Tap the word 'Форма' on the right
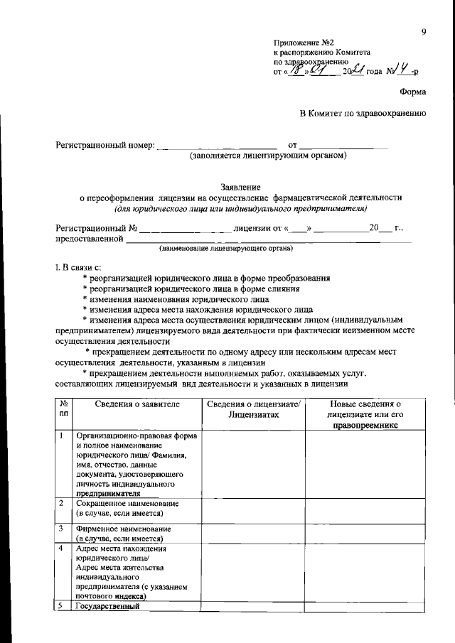412,90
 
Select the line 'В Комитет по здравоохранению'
363,113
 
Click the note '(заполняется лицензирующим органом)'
267,155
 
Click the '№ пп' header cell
64,409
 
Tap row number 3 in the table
62,529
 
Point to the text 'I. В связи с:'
79,266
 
